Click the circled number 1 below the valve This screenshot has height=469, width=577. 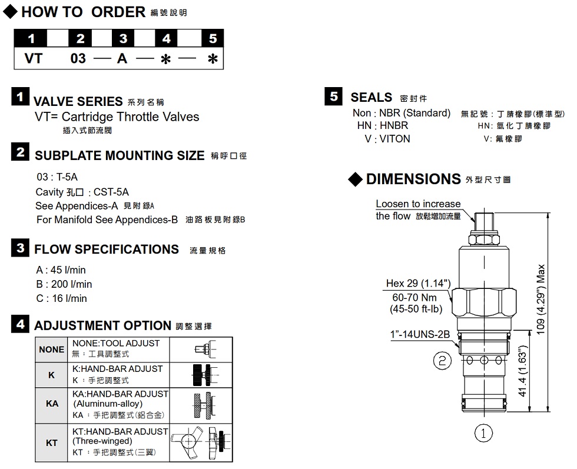click(483, 433)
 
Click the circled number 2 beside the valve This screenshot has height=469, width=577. click(442, 360)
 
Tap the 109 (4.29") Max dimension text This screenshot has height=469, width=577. click(540, 299)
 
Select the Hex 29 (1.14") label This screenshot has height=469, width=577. click(419, 283)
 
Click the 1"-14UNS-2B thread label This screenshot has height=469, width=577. click(420, 334)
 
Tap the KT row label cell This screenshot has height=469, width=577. click(52, 443)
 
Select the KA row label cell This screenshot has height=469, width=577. click(52, 404)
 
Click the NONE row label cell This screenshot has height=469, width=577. click(52, 350)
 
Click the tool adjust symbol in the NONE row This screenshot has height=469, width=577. click(205, 350)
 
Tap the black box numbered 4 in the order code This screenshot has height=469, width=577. click(166, 38)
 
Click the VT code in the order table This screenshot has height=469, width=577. click(34, 58)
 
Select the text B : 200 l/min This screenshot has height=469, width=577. click(64, 284)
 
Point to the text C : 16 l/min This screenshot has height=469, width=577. click(61, 298)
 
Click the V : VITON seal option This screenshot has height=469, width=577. click(387, 139)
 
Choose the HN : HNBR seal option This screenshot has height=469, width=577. click(383, 125)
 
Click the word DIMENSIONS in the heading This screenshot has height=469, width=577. click(413, 179)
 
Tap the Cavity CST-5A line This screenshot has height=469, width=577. click(82, 192)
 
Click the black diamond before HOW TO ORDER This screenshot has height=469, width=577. click(11, 11)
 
